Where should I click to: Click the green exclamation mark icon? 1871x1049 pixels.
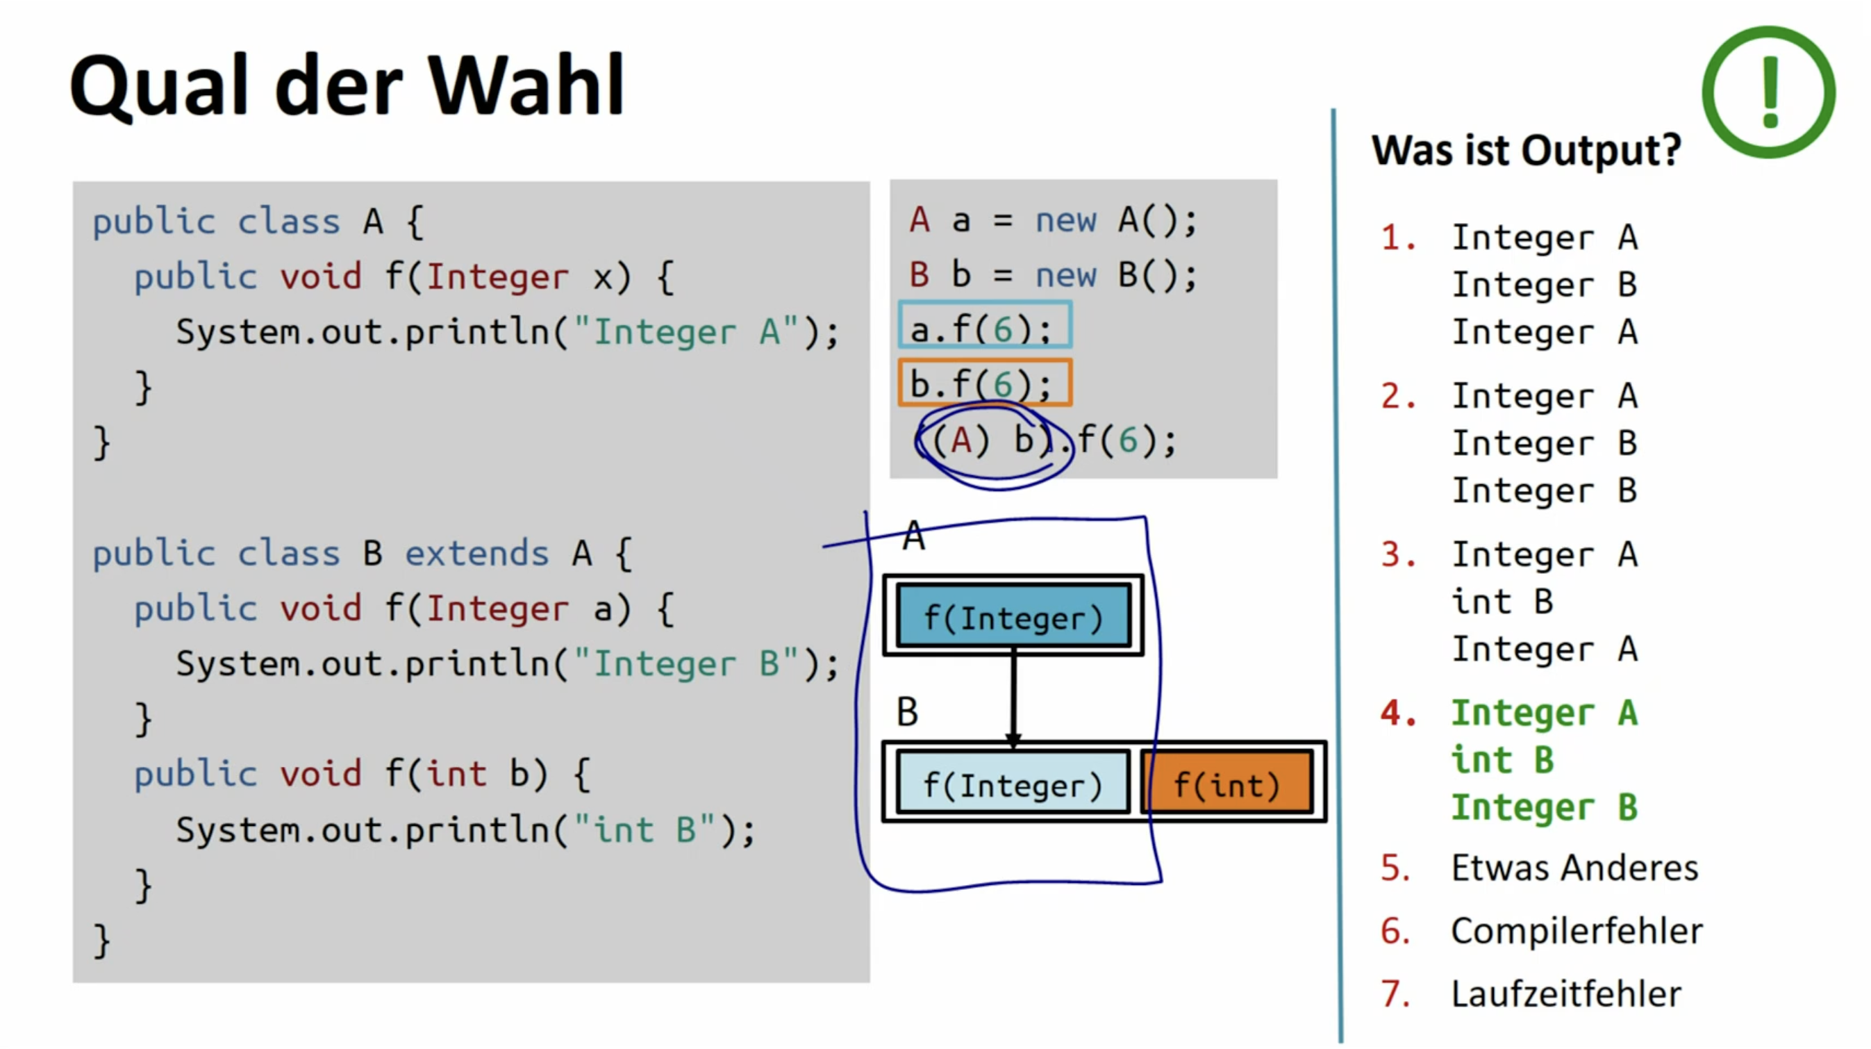[x=1769, y=92]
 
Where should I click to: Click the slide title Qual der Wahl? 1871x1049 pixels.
[x=347, y=85]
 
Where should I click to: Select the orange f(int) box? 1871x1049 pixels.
[x=1226, y=784]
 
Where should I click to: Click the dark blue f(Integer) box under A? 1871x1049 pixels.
[x=1013, y=616]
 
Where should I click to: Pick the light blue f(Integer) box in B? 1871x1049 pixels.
[x=1013, y=784]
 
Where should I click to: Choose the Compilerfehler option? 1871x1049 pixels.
[x=1577, y=931]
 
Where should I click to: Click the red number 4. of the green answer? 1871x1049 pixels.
[x=1398, y=713]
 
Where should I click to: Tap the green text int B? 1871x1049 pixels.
[x=1502, y=761]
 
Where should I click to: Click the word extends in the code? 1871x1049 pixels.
[x=476, y=554]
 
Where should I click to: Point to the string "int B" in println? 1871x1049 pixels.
[x=646, y=829]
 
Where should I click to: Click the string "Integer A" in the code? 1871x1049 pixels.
[x=686, y=332]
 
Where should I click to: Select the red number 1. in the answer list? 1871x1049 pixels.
[x=1398, y=238]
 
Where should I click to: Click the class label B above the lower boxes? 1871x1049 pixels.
[x=908, y=711]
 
